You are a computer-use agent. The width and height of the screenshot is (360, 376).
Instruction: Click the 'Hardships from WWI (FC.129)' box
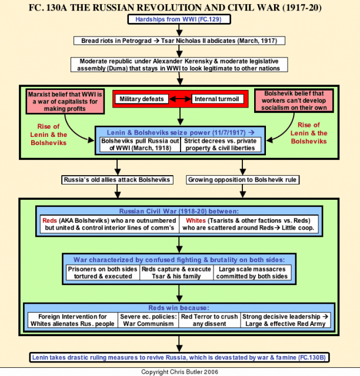point(179,19)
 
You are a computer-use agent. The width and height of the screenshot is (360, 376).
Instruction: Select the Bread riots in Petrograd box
point(179,41)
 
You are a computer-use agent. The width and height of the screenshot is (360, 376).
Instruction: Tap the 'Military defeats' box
point(142,99)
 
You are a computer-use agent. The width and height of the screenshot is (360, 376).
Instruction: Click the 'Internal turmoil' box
point(217,99)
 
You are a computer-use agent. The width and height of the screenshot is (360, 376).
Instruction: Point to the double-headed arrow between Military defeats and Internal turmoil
point(180,99)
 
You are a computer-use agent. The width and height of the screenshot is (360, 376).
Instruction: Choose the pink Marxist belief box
point(65,102)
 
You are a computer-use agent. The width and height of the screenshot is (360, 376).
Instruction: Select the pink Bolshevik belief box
point(294,100)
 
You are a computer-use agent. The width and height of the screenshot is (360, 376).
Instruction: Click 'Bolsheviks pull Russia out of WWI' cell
point(140,145)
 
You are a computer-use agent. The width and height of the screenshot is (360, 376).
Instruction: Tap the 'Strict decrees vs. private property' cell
point(221,145)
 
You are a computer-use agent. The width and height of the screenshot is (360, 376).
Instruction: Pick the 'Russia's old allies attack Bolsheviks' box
point(117,180)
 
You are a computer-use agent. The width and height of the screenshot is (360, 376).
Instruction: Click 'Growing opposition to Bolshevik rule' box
point(242,180)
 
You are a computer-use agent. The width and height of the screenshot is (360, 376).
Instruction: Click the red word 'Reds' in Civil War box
point(49,220)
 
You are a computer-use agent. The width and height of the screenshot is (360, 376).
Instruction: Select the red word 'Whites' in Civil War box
point(196,220)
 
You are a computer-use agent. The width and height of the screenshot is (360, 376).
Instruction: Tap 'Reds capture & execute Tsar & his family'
point(176,273)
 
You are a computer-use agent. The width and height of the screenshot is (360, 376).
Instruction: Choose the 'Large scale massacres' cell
point(252,273)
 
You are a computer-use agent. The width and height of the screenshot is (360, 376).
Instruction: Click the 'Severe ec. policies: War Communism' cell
point(148,320)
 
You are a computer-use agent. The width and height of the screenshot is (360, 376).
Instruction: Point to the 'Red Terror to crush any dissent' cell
point(209,320)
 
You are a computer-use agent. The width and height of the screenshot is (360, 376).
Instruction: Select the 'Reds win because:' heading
point(179,308)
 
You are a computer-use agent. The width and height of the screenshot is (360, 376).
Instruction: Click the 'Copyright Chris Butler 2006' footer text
point(179,372)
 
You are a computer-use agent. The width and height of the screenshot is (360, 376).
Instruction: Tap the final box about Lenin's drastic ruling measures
point(179,358)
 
